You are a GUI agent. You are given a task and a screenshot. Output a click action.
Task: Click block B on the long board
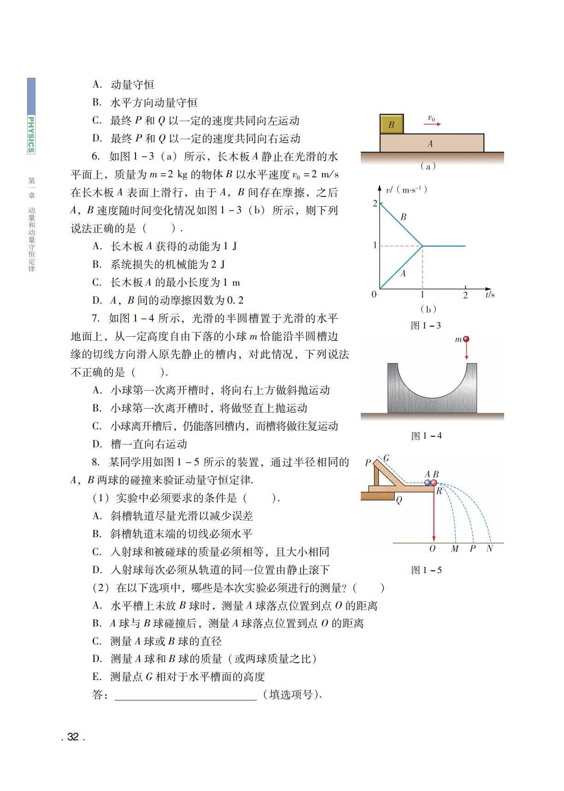coord(392,124)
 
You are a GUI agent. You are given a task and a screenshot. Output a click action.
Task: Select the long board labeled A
coord(432,143)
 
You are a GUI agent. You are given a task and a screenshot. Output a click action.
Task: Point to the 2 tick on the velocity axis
coord(375,203)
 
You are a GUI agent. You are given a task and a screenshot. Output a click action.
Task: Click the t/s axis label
coord(490,294)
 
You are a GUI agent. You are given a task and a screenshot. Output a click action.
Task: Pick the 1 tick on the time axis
coord(422,294)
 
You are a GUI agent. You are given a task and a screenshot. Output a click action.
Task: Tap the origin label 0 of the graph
coord(374,294)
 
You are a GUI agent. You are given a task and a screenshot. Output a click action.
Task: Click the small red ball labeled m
coord(466,339)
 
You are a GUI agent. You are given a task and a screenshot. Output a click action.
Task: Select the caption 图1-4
coord(426,435)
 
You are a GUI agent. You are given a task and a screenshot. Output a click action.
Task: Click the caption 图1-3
coord(426,325)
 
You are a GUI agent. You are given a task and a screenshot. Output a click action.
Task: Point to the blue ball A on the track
coord(428,482)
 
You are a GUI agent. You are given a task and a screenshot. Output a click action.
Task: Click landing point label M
coord(455,549)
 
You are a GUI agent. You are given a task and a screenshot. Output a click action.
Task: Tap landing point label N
coord(489,549)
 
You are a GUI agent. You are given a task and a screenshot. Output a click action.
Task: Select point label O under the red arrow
coord(432,549)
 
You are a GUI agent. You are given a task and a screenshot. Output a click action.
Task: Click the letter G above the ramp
coord(386,458)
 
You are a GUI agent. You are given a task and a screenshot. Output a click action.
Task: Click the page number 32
coord(73,737)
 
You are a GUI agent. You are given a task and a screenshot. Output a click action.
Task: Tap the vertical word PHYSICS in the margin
coord(31,134)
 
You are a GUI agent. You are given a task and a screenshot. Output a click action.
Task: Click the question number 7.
coord(95,318)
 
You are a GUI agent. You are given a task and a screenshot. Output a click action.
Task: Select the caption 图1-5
coord(426,570)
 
